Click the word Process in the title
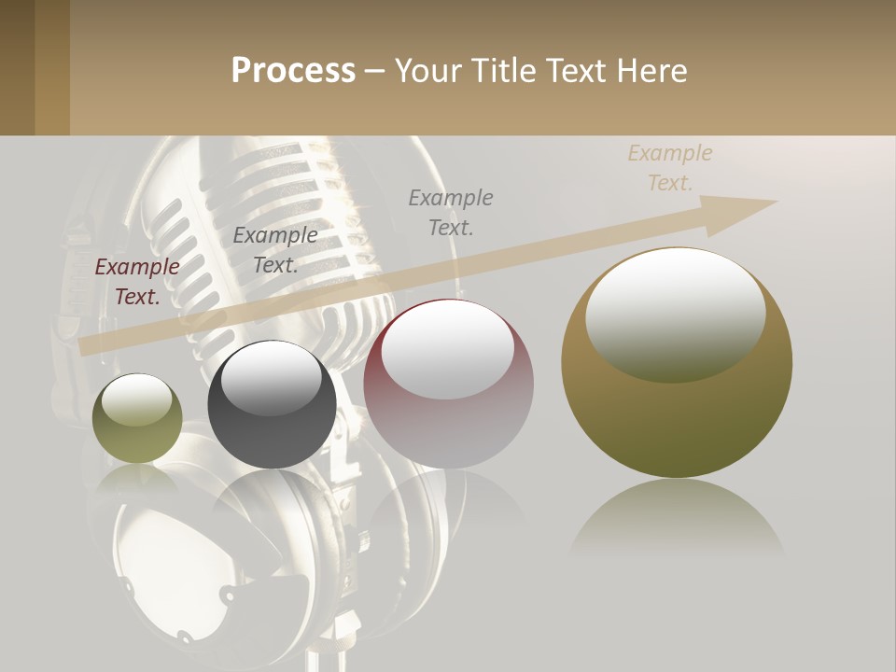[293, 71]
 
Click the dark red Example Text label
[137, 282]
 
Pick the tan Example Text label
[670, 168]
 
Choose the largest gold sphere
[677, 411]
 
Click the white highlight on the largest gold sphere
[676, 313]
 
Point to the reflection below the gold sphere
[677, 518]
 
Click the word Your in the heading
[427, 71]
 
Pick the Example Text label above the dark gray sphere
[275, 249]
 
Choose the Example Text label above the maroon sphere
[451, 212]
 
